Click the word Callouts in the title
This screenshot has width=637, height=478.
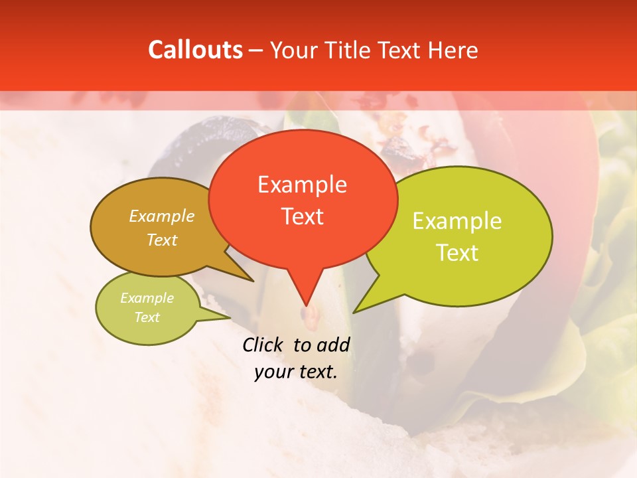[195, 50]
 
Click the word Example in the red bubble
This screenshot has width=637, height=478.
[302, 185]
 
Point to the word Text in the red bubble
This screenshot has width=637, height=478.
[302, 216]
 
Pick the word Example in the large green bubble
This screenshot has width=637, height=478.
[457, 221]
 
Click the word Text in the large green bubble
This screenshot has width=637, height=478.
[457, 253]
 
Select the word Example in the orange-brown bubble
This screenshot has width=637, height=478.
[162, 216]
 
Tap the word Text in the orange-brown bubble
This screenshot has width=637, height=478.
[162, 240]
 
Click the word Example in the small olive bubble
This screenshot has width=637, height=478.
[147, 298]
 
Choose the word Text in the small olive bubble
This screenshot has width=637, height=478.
[147, 317]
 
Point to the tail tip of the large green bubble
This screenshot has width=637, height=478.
[354, 312]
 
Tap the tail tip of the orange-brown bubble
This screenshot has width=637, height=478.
[253, 281]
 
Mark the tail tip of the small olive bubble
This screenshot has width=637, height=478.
[230, 317]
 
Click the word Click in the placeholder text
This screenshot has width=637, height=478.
[263, 345]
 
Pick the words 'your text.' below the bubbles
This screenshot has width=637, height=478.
[296, 372]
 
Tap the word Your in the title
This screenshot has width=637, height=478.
[290, 50]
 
